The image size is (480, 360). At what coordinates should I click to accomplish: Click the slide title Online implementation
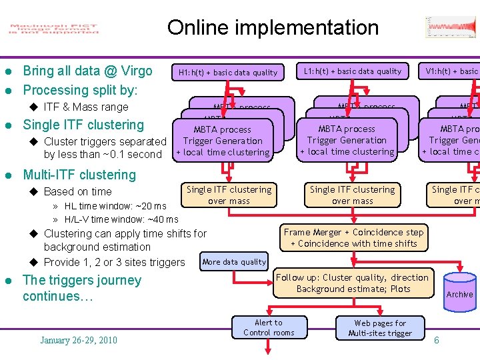point(273,27)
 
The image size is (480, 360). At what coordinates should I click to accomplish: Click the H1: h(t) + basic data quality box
point(227,72)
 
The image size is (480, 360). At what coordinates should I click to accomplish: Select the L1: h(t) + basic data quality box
point(353,71)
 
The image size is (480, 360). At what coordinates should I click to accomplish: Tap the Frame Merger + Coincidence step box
point(353,238)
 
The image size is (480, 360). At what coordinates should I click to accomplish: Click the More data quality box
point(234,262)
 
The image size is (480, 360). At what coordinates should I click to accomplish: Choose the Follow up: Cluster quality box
point(353,283)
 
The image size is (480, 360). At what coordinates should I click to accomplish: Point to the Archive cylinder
point(459,293)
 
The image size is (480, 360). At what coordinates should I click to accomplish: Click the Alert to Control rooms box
point(269,327)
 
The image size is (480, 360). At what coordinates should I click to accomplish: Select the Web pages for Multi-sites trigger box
point(380,328)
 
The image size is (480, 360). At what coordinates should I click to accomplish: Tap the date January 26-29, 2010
point(79,341)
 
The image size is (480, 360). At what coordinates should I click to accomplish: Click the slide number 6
point(437,341)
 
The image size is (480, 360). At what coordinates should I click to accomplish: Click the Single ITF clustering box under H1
point(229,195)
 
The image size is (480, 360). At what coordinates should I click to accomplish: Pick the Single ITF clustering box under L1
point(352,195)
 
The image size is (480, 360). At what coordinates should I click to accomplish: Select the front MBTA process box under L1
point(347,140)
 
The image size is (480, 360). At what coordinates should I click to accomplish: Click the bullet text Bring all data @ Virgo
point(87,71)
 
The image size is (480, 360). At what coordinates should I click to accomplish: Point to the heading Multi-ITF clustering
point(79,175)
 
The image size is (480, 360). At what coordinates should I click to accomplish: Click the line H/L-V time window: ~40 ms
point(121,219)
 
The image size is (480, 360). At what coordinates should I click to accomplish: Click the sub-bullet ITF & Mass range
point(86,107)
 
